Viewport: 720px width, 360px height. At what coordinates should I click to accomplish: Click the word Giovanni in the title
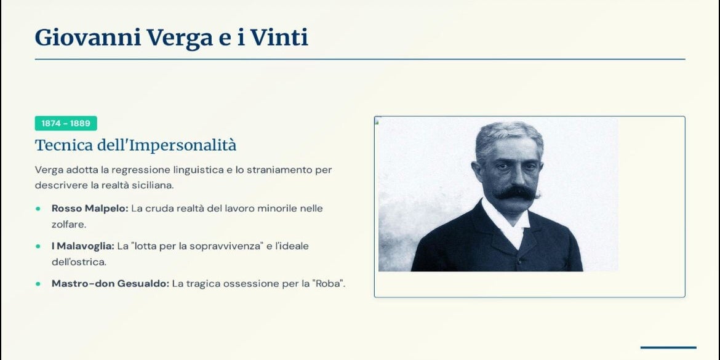88,37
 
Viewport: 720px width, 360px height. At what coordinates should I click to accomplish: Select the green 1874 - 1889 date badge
66,123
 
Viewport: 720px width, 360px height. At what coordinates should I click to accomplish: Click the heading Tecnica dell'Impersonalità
135,145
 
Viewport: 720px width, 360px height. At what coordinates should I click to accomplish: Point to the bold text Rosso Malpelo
90,209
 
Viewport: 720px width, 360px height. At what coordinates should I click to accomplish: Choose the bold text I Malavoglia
82,246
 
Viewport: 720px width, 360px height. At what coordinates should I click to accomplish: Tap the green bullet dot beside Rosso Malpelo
38,209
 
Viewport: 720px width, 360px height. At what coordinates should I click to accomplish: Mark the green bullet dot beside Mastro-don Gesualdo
38,284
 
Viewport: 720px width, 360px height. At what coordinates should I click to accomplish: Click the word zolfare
69,225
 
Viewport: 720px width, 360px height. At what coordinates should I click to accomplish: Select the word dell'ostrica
79,262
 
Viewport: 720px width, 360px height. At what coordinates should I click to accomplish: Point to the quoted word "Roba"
329,284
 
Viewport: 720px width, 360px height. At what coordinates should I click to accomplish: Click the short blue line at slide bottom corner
668,348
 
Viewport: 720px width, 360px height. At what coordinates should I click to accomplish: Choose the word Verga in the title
180,37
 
